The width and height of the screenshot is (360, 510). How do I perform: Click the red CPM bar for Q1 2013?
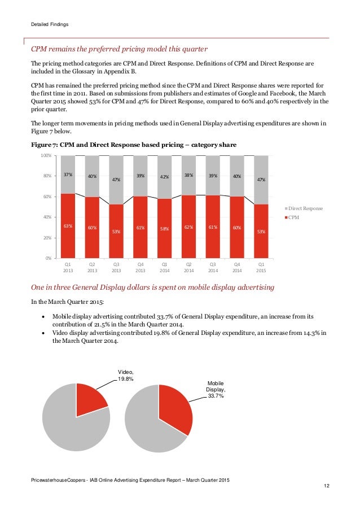(x=68, y=226)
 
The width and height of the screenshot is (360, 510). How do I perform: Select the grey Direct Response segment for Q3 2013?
(x=116, y=180)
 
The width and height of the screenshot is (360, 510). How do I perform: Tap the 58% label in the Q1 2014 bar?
(x=164, y=229)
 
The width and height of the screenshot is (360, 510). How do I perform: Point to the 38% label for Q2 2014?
(x=189, y=175)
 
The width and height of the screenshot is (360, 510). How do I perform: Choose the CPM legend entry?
(x=292, y=217)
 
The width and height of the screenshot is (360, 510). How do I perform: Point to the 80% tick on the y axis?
(x=47, y=176)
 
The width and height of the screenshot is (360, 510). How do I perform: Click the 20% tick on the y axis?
(x=47, y=238)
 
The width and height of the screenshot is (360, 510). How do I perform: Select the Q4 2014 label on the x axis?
(x=237, y=267)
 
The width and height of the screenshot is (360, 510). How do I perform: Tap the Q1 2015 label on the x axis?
(x=261, y=267)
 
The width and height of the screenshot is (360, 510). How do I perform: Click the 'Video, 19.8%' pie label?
(x=125, y=376)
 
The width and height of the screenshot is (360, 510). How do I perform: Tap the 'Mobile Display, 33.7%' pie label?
(x=216, y=389)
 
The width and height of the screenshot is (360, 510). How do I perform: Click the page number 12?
(x=327, y=486)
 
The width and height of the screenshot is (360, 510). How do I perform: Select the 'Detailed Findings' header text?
(x=50, y=24)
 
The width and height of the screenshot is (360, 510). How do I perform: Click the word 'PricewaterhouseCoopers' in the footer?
(x=58, y=480)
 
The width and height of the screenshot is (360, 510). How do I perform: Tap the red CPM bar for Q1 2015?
(x=261, y=231)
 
